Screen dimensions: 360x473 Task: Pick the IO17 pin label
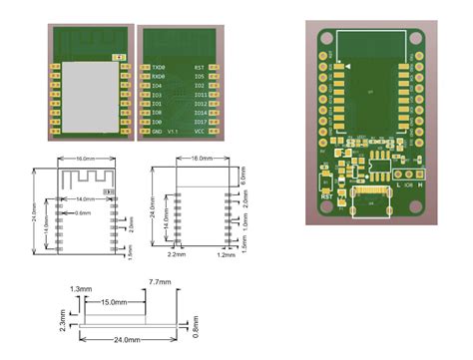point(200,123)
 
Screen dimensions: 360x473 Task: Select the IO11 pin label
point(200,95)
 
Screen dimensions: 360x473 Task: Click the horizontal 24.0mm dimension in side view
point(127,340)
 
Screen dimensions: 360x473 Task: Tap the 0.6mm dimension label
point(84,212)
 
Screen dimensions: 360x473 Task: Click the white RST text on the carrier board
point(326,196)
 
